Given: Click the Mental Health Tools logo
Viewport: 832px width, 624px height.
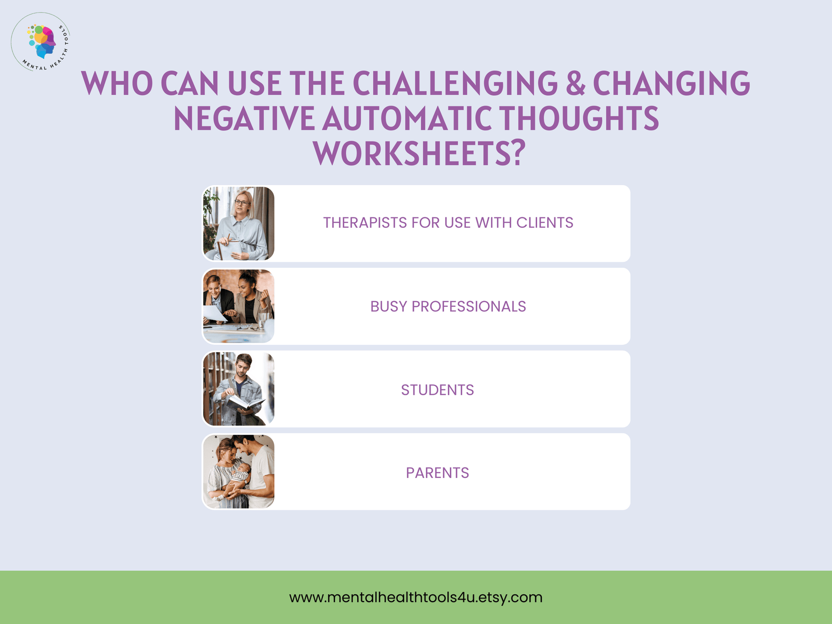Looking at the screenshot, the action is click(41, 42).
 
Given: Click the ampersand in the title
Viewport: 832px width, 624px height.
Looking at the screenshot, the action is click(576, 83).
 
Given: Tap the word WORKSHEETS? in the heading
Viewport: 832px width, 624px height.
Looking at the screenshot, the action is click(419, 153).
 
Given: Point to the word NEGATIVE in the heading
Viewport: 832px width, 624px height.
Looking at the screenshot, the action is click(244, 118).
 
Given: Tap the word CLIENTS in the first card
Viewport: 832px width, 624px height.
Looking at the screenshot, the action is click(544, 223).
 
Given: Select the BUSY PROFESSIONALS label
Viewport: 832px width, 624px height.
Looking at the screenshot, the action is click(448, 306).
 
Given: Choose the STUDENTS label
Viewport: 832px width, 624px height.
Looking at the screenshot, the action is click(437, 390).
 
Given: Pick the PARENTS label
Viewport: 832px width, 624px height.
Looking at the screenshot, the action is click(437, 473).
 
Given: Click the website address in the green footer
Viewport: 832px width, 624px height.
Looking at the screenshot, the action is click(416, 597).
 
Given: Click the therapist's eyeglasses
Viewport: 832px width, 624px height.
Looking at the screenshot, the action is click(242, 203).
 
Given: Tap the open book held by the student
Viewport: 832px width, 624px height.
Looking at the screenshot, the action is click(244, 402).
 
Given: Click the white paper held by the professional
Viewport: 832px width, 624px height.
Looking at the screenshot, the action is click(215, 313).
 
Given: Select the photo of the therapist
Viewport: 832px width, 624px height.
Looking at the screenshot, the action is click(238, 223).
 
